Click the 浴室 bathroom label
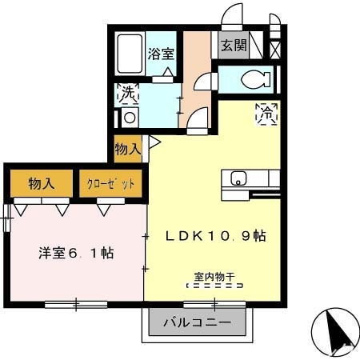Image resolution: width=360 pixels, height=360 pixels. pyautogui.click(x=162, y=54)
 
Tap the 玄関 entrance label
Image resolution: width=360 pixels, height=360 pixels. pyautogui.click(x=234, y=46)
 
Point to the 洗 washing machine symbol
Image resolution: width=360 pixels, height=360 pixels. pyautogui.click(x=128, y=93)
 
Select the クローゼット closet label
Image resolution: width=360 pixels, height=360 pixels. pyautogui.click(x=111, y=183)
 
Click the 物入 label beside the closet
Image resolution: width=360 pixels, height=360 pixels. pyautogui.click(x=41, y=183)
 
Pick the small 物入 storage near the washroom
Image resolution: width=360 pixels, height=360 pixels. pyautogui.click(x=128, y=148)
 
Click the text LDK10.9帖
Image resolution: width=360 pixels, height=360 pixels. pyautogui.click(x=215, y=236)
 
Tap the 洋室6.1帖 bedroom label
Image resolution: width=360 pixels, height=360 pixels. pyautogui.click(x=76, y=254)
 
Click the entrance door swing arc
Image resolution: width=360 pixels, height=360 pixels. pyautogui.click(x=232, y=16)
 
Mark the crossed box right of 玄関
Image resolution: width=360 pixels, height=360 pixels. pyautogui.click(x=275, y=46)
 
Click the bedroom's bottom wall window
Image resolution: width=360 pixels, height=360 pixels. pyautogui.click(x=76, y=303)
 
